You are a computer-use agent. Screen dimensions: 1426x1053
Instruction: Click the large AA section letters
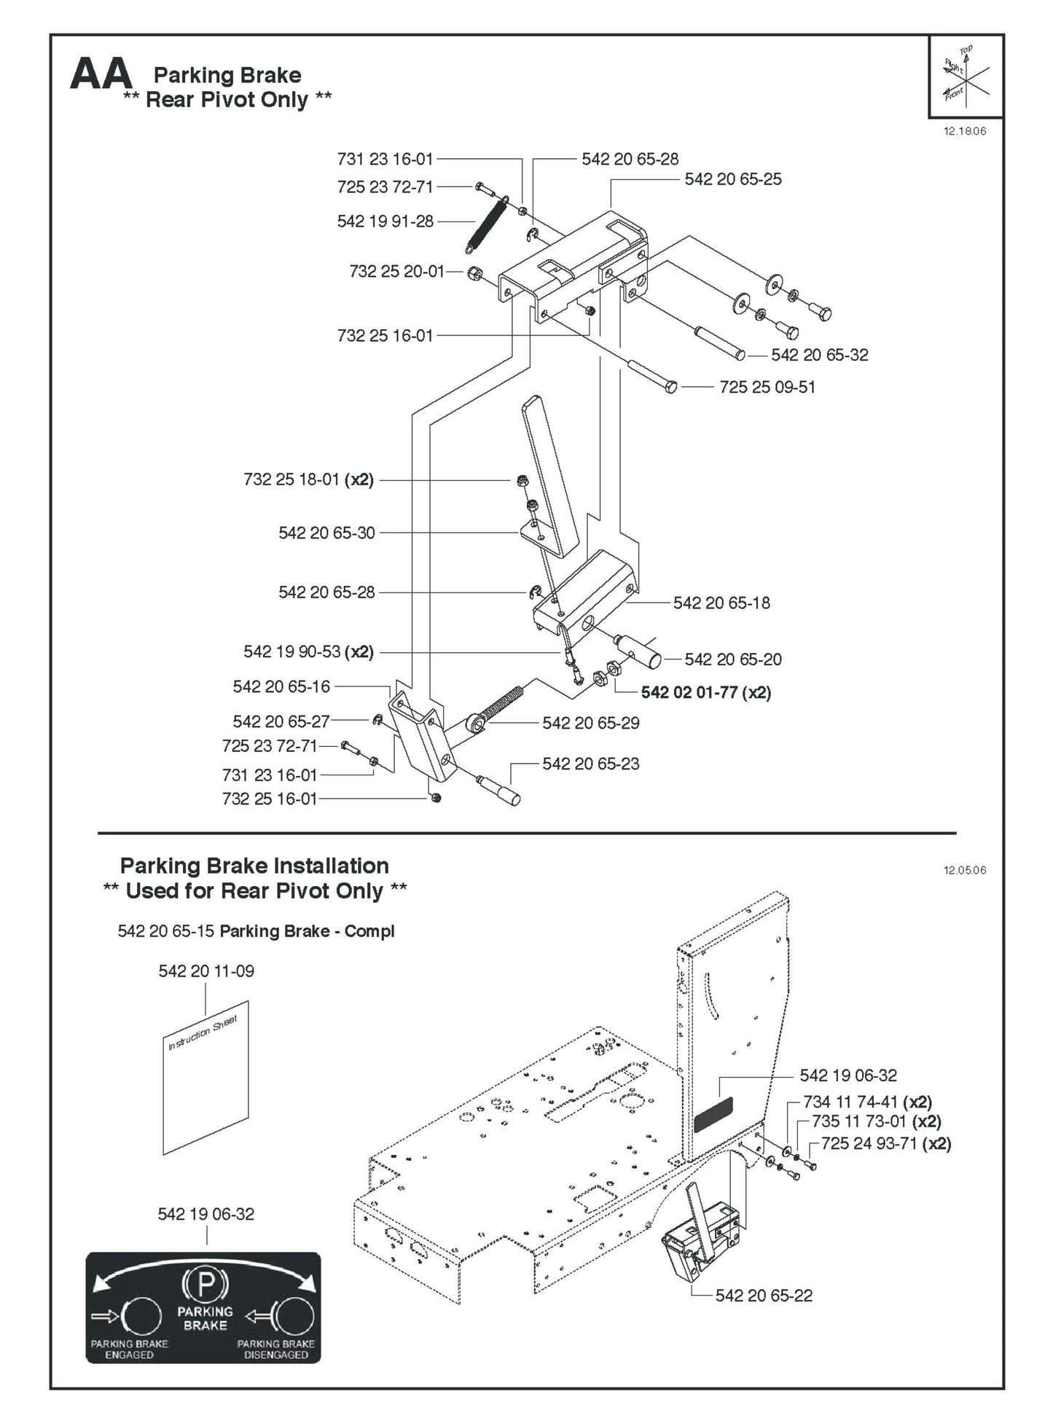(101, 74)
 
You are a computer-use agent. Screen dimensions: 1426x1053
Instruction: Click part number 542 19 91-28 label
(385, 222)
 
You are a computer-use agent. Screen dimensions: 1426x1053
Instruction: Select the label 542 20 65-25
(732, 179)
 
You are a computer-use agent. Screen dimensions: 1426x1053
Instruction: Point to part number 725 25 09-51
(767, 388)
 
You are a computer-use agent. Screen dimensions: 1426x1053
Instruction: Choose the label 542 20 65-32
(819, 356)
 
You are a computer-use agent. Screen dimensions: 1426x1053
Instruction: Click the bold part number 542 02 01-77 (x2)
(705, 693)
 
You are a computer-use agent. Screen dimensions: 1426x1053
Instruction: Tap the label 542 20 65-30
(326, 533)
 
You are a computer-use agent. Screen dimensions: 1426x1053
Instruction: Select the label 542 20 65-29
(590, 724)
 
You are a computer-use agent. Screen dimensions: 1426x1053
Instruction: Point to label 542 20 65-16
(281, 687)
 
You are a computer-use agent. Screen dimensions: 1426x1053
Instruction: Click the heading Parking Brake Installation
(254, 866)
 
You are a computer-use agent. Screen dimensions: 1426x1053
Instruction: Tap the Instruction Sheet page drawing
(205, 1079)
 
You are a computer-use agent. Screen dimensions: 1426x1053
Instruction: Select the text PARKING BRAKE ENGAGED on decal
(129, 1349)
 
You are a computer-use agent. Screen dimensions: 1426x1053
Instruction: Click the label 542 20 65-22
(763, 1296)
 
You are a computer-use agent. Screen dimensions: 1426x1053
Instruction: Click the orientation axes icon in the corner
(966, 76)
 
